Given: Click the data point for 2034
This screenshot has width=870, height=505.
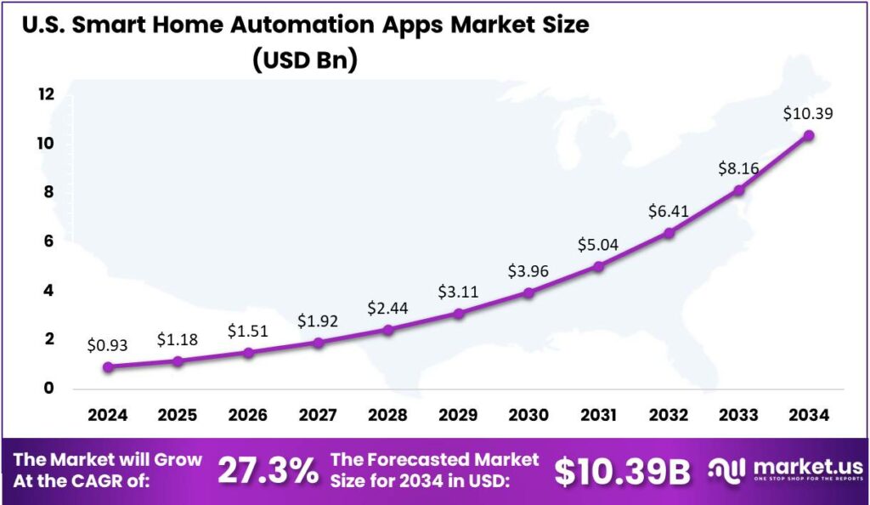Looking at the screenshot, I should tap(809, 135).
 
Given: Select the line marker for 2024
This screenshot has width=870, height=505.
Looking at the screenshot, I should tap(108, 367).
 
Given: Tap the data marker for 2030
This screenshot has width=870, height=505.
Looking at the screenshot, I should tap(528, 292).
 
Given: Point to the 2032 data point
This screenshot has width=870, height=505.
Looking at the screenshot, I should tap(669, 233).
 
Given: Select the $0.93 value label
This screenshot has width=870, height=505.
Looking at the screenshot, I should tap(108, 345).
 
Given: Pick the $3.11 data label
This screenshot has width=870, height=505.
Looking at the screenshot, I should tap(458, 292).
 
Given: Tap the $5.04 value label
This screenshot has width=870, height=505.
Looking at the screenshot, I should tap(598, 246).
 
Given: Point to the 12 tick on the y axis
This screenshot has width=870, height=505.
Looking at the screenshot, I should tap(44, 94).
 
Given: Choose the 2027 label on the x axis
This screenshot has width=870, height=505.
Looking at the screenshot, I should tap(318, 415).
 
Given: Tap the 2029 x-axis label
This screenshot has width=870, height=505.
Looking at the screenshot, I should tap(458, 415).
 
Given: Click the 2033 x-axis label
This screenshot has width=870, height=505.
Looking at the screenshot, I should tap(738, 415).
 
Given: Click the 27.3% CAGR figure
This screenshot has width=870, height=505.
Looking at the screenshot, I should tap(268, 470).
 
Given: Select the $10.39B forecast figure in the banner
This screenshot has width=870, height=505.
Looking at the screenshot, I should tap(622, 471).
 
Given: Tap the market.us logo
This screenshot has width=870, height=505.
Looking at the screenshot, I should tap(787, 470).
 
